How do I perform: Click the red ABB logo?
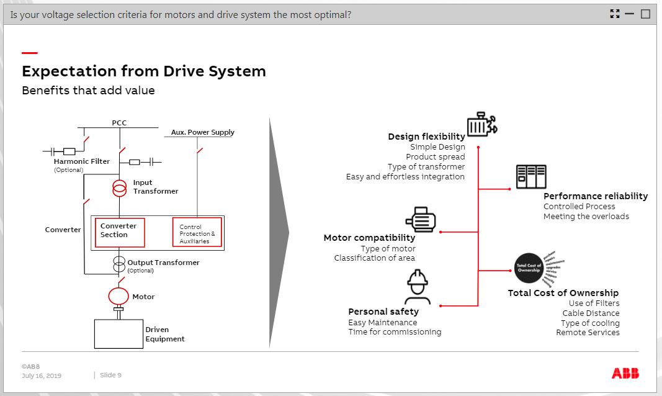[x=625, y=373]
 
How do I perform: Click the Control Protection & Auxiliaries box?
[x=197, y=233]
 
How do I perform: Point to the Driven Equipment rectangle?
[x=119, y=333]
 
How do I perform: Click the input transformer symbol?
[x=119, y=188]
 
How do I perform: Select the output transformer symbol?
[x=119, y=264]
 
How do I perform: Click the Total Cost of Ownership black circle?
[x=529, y=268]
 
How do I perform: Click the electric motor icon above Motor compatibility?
[x=421, y=220]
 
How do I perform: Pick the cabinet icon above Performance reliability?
[x=531, y=177]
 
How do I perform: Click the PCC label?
[x=119, y=123]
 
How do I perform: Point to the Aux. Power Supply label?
[x=203, y=132]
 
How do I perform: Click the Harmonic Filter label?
[x=82, y=161]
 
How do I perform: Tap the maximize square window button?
[x=645, y=14]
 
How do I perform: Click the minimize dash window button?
[x=630, y=14]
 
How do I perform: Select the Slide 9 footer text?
[x=110, y=375]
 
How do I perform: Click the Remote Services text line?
[x=588, y=332]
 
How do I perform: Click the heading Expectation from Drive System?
[x=144, y=71]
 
